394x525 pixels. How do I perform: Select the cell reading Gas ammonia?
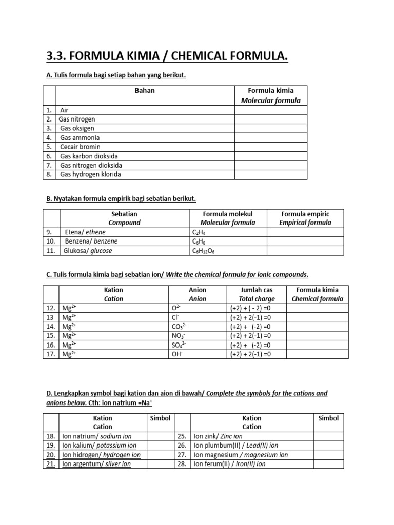point(80,137)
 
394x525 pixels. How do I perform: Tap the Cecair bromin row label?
point(80,147)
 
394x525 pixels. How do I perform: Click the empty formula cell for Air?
point(270,110)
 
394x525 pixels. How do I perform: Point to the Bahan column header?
point(144,91)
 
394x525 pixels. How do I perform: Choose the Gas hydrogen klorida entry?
point(91,174)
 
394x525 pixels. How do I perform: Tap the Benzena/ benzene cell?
point(90,241)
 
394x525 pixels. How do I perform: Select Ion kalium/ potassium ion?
point(99,445)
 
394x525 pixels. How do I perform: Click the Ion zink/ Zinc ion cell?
point(218,436)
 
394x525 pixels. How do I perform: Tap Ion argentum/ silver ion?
point(96,464)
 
